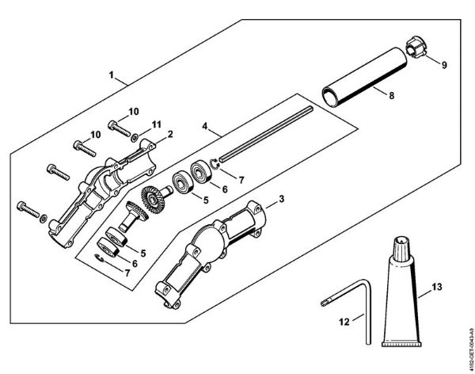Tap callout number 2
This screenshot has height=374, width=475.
tap(170, 135)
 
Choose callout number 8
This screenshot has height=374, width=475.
tap(391, 94)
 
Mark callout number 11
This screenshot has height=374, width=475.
tap(157, 123)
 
